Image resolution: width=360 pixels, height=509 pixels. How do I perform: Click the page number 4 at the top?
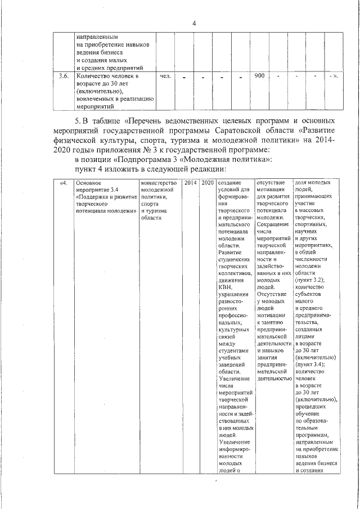pos(193,23)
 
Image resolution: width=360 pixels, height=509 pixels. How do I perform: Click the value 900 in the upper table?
pos(259,75)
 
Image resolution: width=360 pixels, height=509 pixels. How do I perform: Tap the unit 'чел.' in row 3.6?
pos(165,75)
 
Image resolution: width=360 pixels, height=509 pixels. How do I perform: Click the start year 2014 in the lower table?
pos(190,183)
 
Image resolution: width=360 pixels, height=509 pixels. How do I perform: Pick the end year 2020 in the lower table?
pos(208,183)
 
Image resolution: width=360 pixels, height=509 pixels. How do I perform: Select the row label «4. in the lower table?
pos(63,183)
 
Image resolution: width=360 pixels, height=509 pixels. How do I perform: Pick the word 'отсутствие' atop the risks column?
pos(271,183)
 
